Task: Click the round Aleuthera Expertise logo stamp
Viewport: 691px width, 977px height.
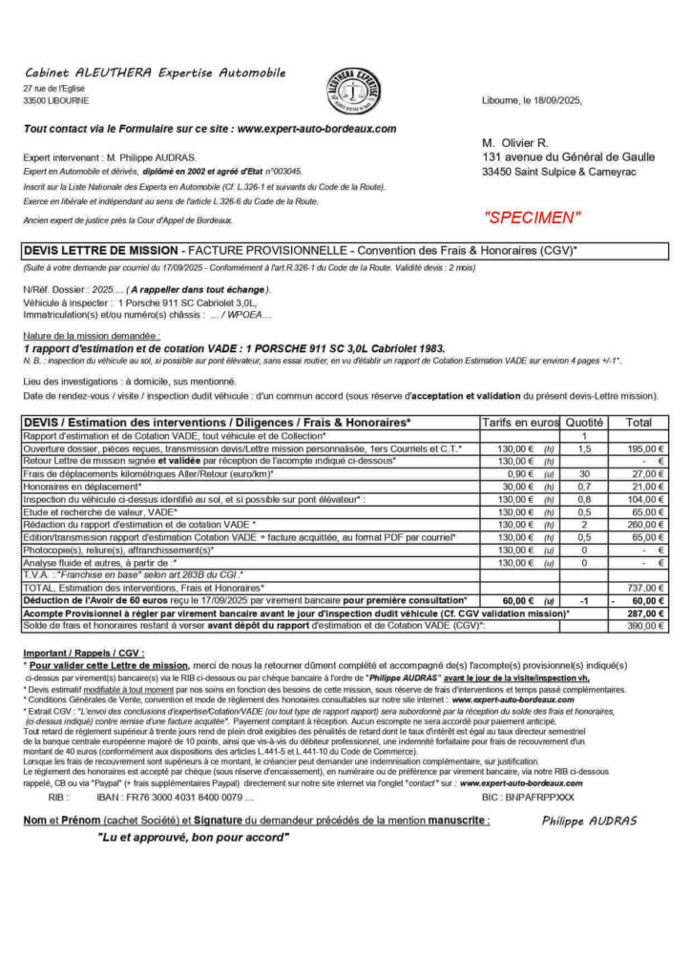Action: pos(354,93)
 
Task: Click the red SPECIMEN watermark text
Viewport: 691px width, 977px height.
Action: pos(533,218)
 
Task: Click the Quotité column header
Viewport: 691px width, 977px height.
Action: pos(584,422)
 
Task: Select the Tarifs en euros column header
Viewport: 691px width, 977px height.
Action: pos(519,422)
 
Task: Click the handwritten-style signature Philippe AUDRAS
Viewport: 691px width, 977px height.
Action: pos(589,821)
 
